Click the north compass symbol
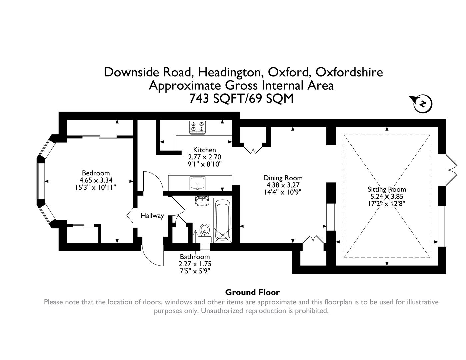click(x=422, y=103)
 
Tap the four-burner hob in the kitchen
click(x=197, y=127)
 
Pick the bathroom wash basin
click(x=202, y=201)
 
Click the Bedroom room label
click(x=96, y=173)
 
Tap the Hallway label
click(x=152, y=216)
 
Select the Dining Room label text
click(x=283, y=178)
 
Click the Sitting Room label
click(x=387, y=189)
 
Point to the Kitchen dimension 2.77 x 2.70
click(x=205, y=157)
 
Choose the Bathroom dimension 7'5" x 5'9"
click(x=195, y=271)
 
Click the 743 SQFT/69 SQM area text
click(x=241, y=99)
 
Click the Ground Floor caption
click(x=252, y=292)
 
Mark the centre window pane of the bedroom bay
click(x=40, y=181)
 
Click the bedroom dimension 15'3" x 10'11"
click(x=96, y=187)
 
